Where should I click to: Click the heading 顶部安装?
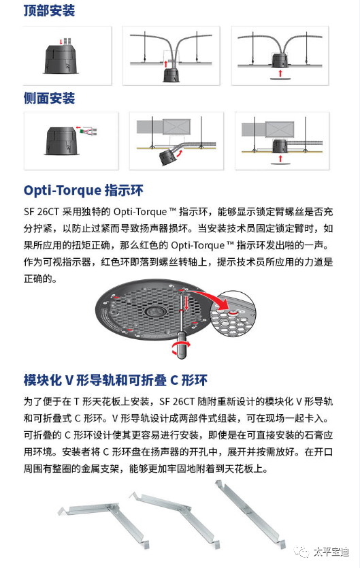(49, 10)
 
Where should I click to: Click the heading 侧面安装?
(49, 98)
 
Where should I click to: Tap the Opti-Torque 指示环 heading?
(84, 191)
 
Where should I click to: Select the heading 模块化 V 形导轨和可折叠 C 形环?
(116, 380)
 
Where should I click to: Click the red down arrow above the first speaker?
(61, 41)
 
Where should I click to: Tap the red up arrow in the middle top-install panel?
(165, 64)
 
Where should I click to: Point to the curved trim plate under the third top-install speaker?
(280, 78)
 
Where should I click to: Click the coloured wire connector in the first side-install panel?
(87, 131)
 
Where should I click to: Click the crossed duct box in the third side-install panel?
(279, 129)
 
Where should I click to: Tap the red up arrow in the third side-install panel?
(280, 158)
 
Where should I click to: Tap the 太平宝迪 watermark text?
(331, 552)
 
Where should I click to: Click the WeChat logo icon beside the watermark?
(301, 552)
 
